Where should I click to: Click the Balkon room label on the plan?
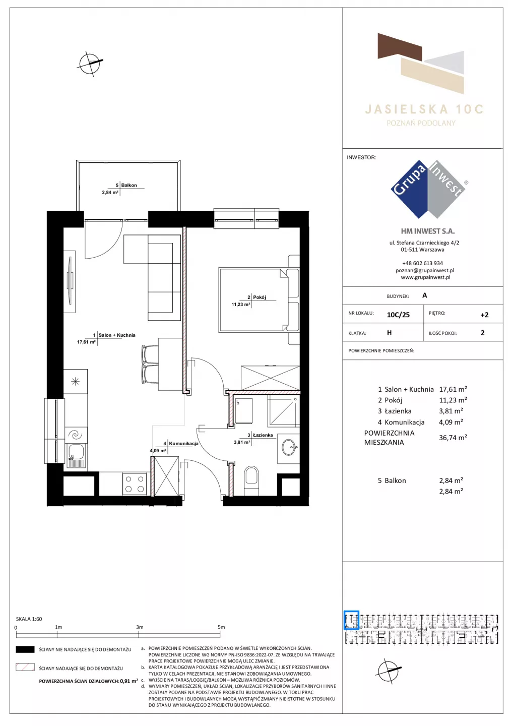(129, 186)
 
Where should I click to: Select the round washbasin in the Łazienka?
(289, 447)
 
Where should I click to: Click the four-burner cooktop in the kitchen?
(135, 484)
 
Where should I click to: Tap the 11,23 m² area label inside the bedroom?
(241, 305)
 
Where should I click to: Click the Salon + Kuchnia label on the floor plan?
(117, 335)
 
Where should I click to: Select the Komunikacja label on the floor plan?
(183, 443)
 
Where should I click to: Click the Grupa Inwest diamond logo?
(428, 189)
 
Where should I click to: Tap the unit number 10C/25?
(398, 315)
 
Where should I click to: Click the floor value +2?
(484, 315)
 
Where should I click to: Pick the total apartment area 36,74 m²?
(453, 438)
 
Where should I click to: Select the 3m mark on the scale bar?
(140, 627)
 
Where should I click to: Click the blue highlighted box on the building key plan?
(351, 620)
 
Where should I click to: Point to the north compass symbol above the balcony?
(90, 63)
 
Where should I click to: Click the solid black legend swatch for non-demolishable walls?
(25, 649)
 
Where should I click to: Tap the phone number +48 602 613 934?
(422, 263)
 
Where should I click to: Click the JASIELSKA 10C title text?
(424, 109)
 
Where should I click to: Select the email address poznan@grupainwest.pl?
(425, 270)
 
